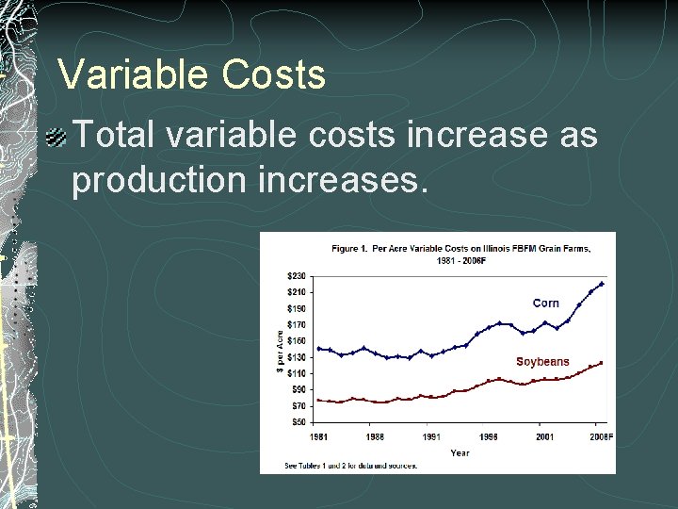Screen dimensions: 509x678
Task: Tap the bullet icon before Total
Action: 57,137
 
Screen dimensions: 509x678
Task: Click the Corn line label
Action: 545,304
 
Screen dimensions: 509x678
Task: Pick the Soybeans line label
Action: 542,362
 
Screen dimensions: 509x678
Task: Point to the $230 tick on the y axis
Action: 297,276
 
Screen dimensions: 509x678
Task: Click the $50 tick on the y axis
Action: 299,422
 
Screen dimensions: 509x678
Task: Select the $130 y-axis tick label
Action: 297,357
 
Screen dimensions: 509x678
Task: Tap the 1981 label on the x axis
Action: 318,436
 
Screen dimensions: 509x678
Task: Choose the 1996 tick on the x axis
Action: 489,436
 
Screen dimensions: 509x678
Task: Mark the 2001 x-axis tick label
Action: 545,436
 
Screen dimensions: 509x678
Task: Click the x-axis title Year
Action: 460,452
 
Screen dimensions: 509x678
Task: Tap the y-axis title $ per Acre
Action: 280,350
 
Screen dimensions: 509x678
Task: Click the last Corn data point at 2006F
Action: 602,284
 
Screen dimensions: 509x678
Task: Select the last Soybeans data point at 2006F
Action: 602,363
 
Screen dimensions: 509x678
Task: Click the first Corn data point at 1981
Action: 318,349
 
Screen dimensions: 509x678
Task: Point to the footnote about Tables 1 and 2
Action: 350,466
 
